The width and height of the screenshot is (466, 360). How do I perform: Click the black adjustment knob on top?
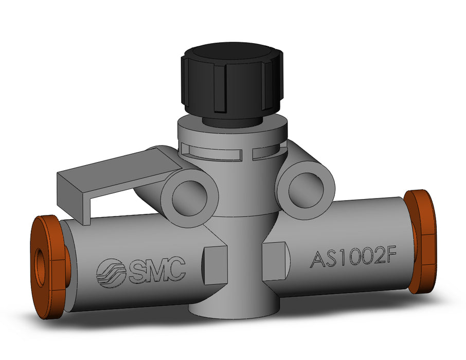(231, 82)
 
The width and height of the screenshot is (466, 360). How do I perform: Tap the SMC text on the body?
(156, 271)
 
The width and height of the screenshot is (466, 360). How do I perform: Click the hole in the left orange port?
(41, 267)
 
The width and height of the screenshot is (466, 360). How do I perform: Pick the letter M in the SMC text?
(156, 271)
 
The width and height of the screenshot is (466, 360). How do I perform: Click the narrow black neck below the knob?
(229, 121)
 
